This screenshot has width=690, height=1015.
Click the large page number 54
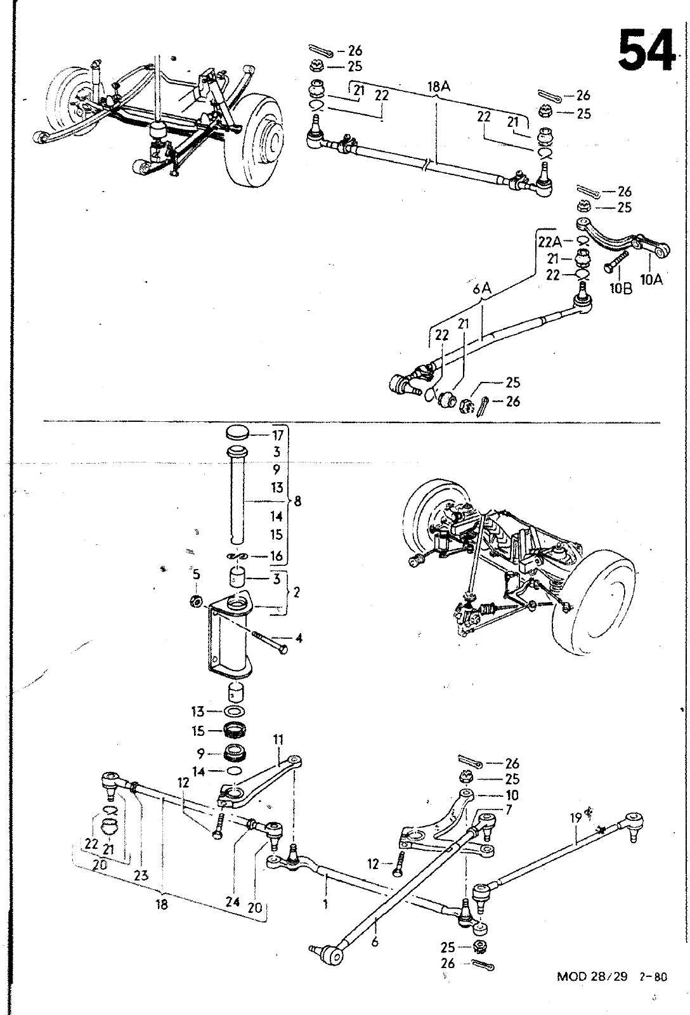645,50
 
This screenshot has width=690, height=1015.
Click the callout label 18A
439,87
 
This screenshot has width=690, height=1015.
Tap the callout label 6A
482,289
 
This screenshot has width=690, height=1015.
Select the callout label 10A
651,280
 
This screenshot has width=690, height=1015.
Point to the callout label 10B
621,289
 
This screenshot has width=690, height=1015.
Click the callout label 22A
550,242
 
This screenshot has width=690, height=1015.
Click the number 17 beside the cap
278,435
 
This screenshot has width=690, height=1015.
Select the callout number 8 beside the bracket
297,501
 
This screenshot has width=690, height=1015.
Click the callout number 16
277,556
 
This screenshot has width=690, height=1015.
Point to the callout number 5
196,574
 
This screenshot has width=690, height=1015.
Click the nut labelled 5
196,602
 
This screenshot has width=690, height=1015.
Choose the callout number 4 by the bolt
299,638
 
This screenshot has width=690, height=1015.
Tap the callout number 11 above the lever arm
278,740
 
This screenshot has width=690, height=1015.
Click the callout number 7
509,809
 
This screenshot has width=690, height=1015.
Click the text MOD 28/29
592,976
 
